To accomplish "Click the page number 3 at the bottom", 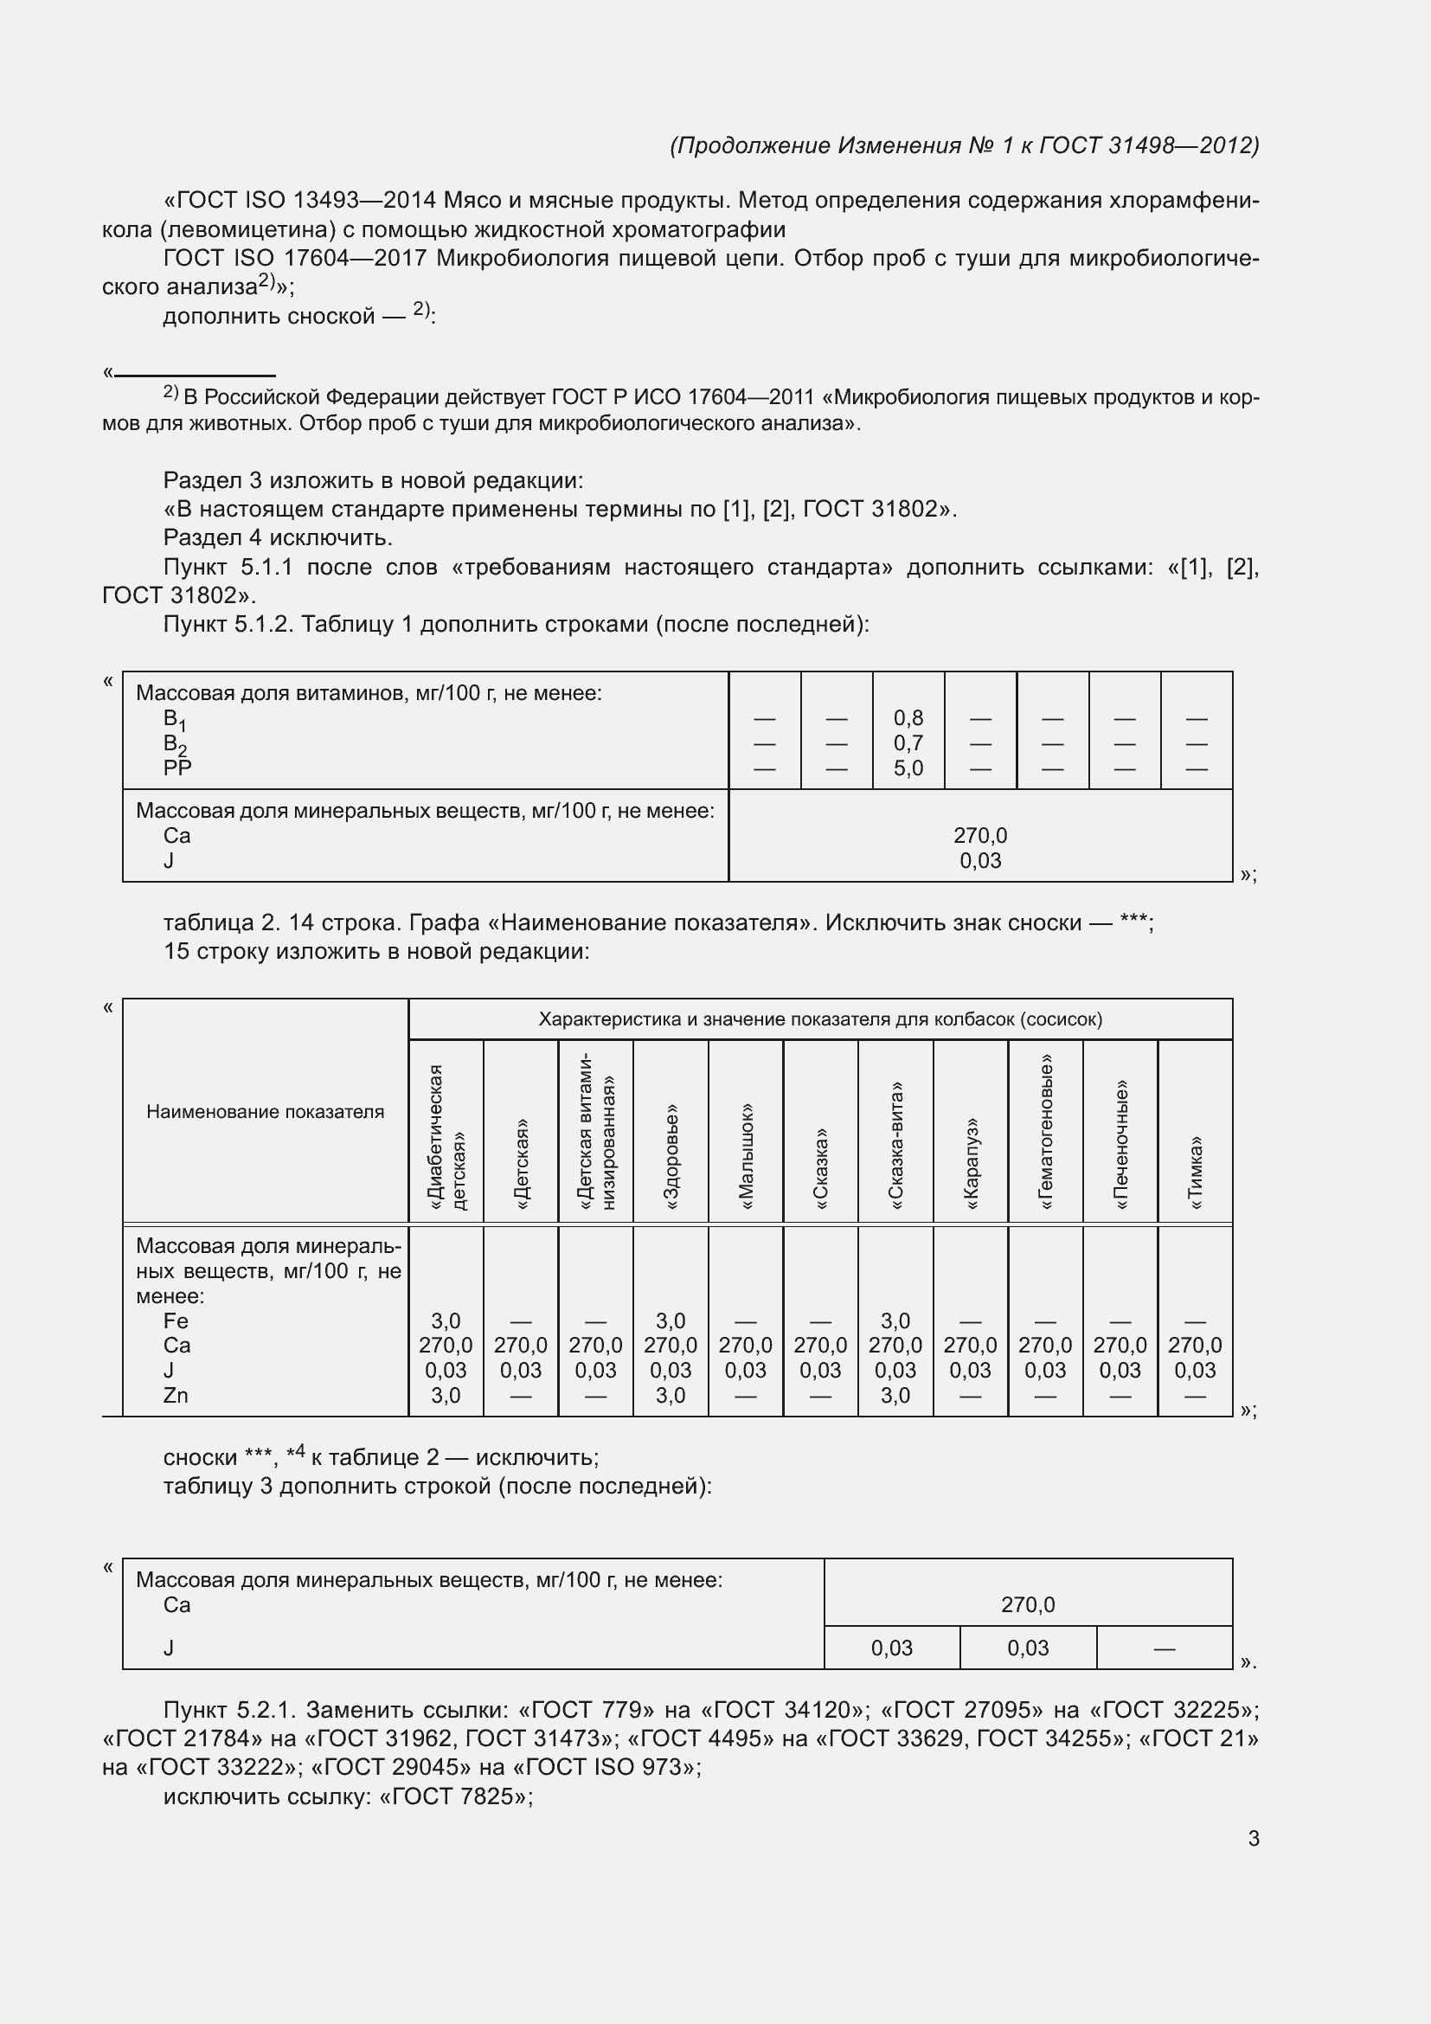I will tap(1253, 1839).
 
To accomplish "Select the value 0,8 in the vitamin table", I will tap(908, 718).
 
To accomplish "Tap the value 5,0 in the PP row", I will tap(908, 768).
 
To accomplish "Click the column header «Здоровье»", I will tap(671, 1156).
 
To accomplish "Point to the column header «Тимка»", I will tap(1196, 1172).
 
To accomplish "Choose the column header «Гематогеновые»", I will tap(1046, 1132).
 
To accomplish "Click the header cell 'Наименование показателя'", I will tap(266, 1112).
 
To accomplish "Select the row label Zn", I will tap(176, 1396).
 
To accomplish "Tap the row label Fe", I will tap(176, 1320).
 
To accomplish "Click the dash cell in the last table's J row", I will tap(1164, 1648).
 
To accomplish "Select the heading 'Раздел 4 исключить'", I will tap(278, 537).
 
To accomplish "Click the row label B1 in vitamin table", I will tap(175, 719).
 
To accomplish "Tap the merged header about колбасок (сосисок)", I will tap(819, 1019).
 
